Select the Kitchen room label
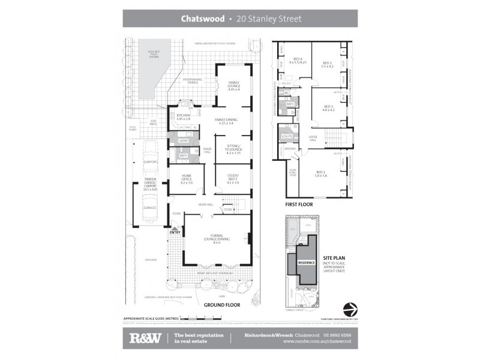(x=183, y=116)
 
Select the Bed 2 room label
(x=327, y=64)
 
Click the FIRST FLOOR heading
(x=299, y=204)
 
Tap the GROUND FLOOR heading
(x=222, y=305)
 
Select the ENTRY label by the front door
(x=176, y=232)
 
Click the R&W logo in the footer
(x=146, y=338)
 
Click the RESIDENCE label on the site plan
(x=307, y=262)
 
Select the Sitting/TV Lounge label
(x=233, y=149)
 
